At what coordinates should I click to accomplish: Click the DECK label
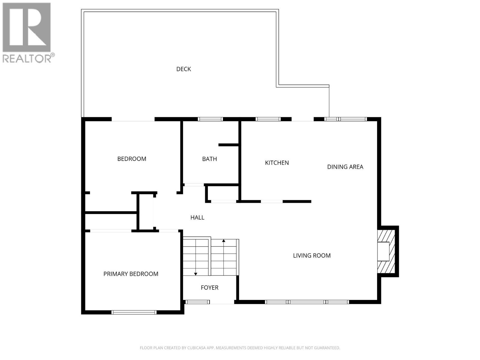pyautogui.click(x=184, y=69)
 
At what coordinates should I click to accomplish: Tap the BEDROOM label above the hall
pyautogui.click(x=132, y=159)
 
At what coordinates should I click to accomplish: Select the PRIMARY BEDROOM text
pyautogui.click(x=131, y=274)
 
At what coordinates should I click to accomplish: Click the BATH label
pyautogui.click(x=209, y=159)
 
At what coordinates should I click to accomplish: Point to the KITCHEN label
pyautogui.click(x=277, y=163)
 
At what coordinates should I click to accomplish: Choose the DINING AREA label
pyautogui.click(x=345, y=167)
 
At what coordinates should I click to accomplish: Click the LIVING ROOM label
pyautogui.click(x=312, y=255)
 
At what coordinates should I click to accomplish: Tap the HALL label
pyautogui.click(x=197, y=217)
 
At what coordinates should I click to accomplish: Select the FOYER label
pyautogui.click(x=209, y=287)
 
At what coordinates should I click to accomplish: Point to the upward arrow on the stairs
pyautogui.click(x=223, y=241)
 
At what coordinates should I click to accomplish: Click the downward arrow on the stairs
pyautogui.click(x=196, y=274)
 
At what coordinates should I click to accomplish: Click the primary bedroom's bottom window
pyautogui.click(x=134, y=312)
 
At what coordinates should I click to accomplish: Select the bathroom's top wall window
pyautogui.click(x=210, y=119)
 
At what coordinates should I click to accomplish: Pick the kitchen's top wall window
pyautogui.click(x=268, y=119)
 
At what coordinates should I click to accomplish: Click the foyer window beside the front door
pyautogui.click(x=197, y=302)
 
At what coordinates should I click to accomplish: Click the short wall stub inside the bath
pyautogui.click(x=228, y=145)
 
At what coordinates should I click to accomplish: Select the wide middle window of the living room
pyautogui.click(x=307, y=302)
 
